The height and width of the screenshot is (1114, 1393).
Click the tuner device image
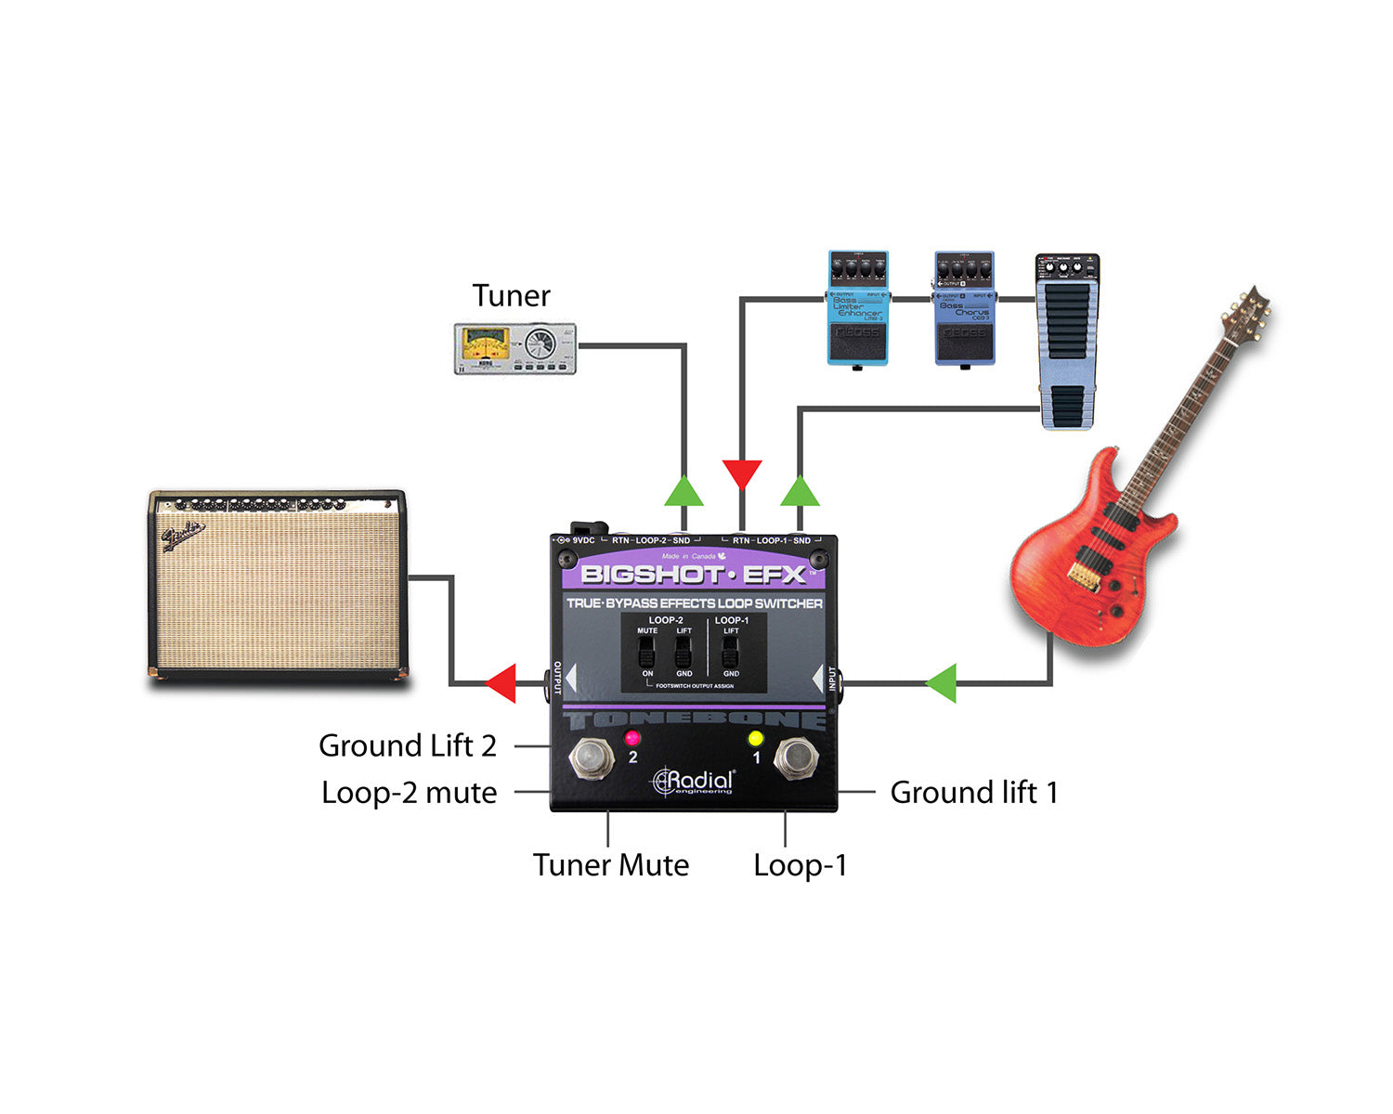514,349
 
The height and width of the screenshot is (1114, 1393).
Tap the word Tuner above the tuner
511,296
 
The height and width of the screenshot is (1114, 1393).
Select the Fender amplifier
278,587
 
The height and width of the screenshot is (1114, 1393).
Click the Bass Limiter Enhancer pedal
857,308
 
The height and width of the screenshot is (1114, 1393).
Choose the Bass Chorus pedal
964,308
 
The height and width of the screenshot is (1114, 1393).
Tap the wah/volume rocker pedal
1068,342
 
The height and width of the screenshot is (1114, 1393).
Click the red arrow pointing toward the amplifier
501,683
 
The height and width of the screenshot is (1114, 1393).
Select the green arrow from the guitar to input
942,683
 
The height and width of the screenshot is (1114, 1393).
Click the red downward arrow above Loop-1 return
741,473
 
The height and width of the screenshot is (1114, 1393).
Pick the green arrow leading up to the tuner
683,491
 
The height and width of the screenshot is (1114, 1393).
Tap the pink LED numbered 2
632,739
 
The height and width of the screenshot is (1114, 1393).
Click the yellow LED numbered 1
755,739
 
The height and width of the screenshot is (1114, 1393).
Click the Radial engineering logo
695,781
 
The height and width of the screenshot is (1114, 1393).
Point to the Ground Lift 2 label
408,745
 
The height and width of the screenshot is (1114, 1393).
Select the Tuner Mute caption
611,865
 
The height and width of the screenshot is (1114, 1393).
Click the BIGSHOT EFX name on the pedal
693,575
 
